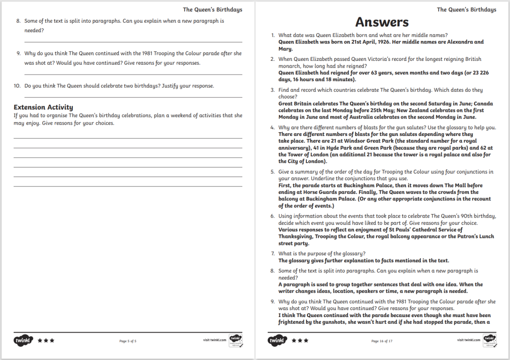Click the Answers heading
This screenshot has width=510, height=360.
(382, 22)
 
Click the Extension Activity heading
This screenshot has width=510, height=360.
(43, 107)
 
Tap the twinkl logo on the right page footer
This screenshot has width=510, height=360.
(278, 340)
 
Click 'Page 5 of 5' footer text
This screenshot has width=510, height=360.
(127, 341)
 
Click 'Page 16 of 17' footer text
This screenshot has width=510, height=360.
(382, 341)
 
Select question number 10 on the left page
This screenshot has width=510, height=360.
(17, 86)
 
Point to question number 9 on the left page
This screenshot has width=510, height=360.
(18, 53)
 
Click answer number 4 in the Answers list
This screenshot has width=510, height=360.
(272, 127)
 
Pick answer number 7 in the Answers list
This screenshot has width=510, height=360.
(272, 254)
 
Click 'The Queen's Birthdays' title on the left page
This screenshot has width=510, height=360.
(212, 9)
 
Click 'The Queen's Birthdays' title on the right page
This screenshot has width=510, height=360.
(467, 9)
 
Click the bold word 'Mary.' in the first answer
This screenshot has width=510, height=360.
(286, 49)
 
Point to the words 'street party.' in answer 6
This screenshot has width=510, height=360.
(294, 243)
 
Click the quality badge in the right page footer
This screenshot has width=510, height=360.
(489, 340)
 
